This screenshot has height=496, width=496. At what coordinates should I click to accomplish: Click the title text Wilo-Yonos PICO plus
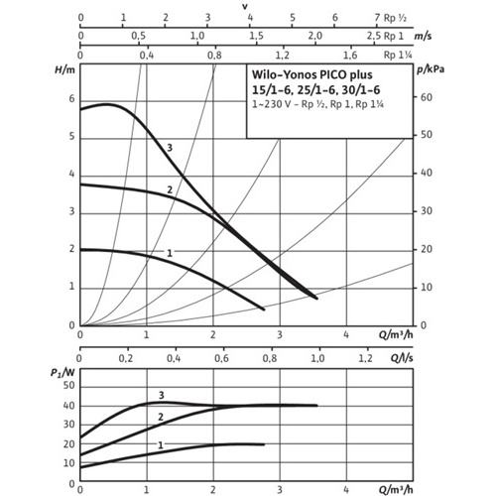[312, 74]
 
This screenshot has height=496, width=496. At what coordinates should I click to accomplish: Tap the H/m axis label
[64, 69]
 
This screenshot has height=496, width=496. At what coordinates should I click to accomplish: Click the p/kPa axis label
[431, 69]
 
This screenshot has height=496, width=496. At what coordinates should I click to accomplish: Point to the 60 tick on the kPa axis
[427, 97]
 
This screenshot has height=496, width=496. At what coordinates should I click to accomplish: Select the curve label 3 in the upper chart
[170, 148]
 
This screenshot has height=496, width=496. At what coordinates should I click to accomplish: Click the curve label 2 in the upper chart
[170, 189]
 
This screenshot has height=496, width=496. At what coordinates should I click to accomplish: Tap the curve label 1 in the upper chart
[170, 253]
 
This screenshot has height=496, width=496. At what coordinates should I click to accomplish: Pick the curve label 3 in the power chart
[162, 395]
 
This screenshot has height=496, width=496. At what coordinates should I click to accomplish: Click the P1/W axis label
[62, 373]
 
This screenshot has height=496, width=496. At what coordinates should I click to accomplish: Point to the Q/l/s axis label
[402, 358]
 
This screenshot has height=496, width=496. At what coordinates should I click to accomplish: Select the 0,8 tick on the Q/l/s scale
[270, 358]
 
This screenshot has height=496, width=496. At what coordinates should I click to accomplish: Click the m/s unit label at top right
[424, 36]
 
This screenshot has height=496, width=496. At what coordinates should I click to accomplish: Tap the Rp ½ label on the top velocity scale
[395, 18]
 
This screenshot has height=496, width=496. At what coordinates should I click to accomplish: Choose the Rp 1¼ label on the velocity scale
[398, 55]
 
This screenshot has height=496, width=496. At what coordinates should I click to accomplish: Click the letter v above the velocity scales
[245, 7]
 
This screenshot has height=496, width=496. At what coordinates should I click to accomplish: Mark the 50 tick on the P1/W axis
[69, 385]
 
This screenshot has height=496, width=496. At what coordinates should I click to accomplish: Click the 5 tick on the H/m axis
[71, 136]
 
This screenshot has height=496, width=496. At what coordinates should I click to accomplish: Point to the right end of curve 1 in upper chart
[265, 310]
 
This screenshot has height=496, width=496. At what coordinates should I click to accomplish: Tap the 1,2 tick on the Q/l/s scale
[365, 358]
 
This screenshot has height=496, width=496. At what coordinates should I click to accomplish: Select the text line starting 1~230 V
[317, 104]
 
